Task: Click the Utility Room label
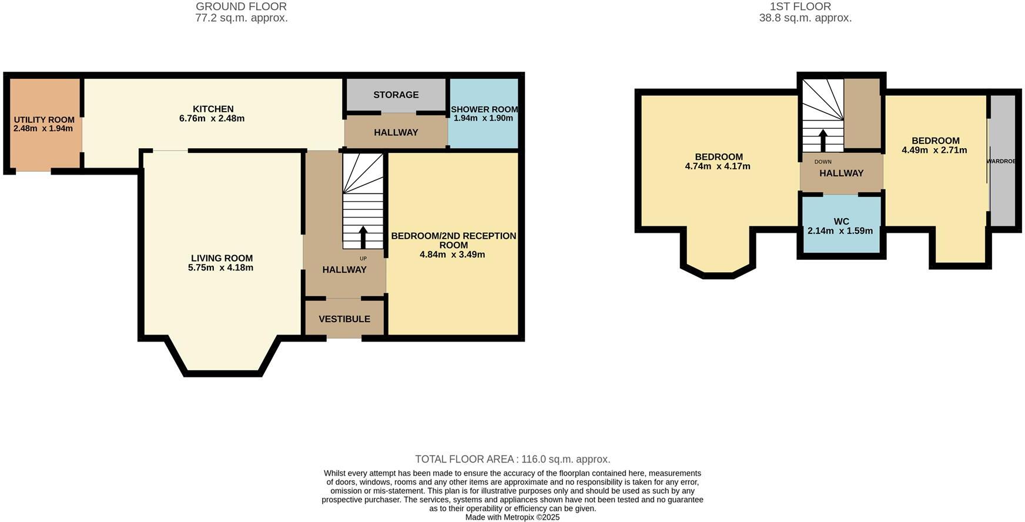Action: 44,120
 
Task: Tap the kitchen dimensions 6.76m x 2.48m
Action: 212,118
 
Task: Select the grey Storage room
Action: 396,95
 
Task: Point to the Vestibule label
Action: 344,319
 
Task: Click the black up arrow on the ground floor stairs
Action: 363,236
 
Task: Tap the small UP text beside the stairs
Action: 363,258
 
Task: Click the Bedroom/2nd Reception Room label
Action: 453,240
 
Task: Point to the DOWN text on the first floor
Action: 823,162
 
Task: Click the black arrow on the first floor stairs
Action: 823,140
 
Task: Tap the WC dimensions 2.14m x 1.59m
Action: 840,231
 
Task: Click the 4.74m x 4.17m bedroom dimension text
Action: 718,166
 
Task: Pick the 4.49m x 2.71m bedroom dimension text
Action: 934,150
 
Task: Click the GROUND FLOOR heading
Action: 241,6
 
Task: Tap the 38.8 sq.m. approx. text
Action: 805,18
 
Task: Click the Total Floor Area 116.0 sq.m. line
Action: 512,459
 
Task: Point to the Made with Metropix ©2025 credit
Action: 512,517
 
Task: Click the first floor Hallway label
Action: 841,173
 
